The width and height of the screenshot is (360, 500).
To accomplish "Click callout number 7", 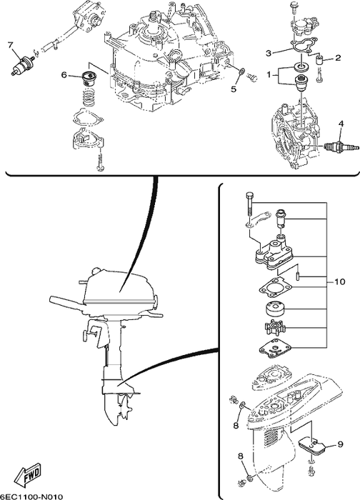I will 11,46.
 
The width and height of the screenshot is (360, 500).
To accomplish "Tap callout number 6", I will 64,74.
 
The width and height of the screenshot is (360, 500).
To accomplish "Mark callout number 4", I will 341,124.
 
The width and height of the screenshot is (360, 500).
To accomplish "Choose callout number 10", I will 340,281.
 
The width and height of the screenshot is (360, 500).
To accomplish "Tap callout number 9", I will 340,444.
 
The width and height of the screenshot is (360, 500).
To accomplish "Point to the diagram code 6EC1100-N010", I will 32,495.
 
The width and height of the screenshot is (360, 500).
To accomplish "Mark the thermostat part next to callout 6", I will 89,76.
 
